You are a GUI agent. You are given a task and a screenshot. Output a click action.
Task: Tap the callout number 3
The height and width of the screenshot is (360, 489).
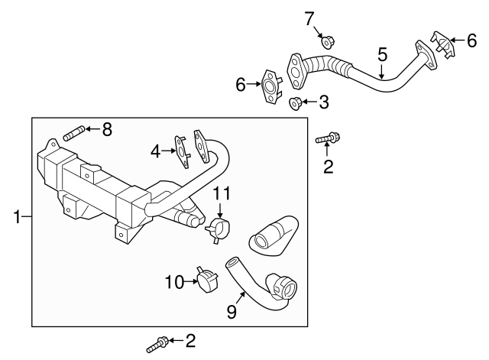[x=324, y=101]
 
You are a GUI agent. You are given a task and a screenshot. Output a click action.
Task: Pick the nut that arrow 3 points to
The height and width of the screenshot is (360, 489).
[x=296, y=102]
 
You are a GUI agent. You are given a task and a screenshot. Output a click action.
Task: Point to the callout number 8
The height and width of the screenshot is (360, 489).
[x=106, y=129]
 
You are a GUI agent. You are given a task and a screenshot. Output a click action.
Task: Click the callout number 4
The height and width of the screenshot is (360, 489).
[x=156, y=151]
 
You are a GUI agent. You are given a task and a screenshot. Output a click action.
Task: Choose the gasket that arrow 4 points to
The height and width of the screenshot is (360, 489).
[x=183, y=149]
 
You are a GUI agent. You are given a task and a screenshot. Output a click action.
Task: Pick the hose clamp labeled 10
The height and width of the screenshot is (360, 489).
[x=206, y=281]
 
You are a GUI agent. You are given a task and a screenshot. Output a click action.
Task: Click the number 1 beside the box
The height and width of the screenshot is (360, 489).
[x=17, y=218]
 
